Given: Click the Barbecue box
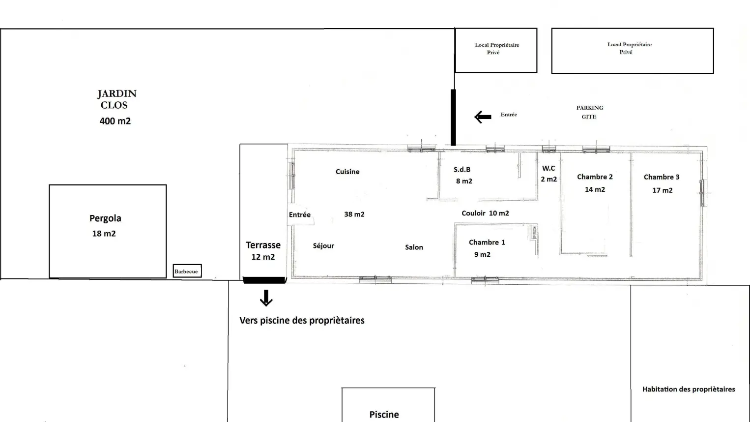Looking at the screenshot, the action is tap(187, 271).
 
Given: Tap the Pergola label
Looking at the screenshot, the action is tap(105, 218).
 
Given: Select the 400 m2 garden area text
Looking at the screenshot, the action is tap(115, 121).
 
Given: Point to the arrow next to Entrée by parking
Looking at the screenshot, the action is tap(483, 117).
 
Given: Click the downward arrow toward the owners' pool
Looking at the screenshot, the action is tap(266, 298).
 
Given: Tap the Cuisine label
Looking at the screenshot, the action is tap(347, 172).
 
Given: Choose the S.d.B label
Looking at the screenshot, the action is tap(462, 170).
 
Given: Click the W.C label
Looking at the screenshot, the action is tap(548, 168).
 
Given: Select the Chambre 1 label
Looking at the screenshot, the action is tap(487, 242).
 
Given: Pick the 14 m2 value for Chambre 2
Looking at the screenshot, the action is tap(595, 189).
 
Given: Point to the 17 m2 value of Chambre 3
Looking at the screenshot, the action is tap(663, 190).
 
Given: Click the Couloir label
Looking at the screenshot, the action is tap(473, 213).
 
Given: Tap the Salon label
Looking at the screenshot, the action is tap(414, 247).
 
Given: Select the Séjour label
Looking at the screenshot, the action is tap(323, 246).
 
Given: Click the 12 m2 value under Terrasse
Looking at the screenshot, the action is tap(263, 257).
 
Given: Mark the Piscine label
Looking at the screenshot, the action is tap(384, 415).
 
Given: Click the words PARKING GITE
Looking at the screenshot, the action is tap(590, 112).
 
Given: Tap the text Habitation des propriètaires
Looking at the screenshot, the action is tap(689, 389).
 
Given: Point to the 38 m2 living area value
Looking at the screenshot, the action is tap(354, 214).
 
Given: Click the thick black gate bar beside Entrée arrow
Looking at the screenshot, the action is tap(453, 118).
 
